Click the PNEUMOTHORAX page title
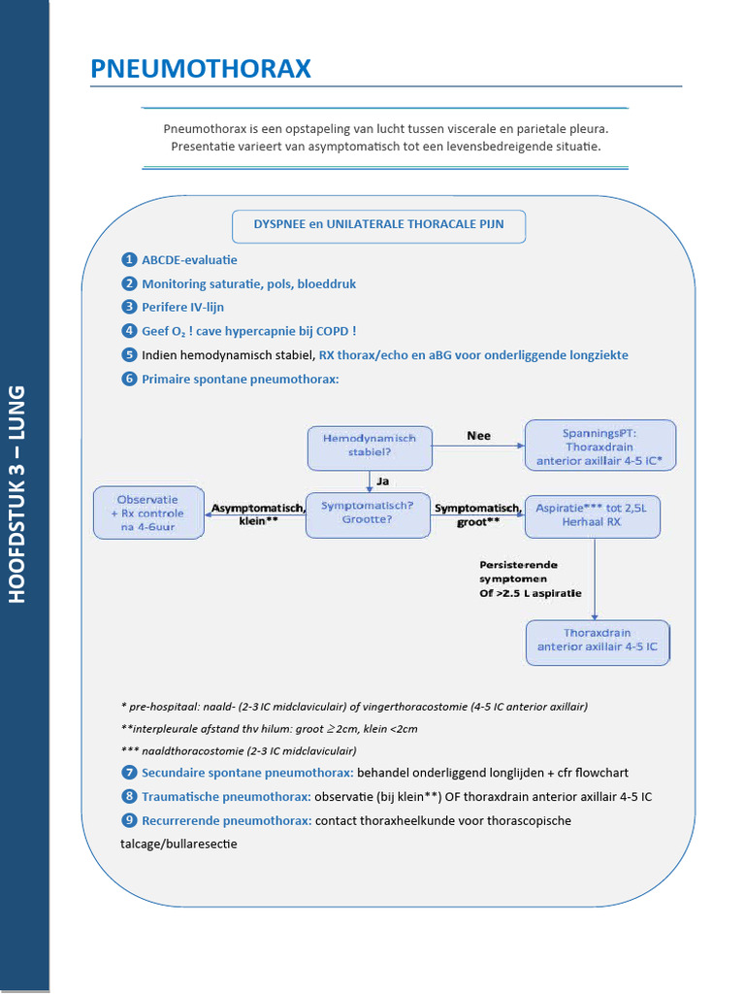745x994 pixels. pos(201,69)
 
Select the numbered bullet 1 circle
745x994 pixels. pos(129,260)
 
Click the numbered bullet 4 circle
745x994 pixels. pos(129,331)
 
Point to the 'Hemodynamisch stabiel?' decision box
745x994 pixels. pos(369,446)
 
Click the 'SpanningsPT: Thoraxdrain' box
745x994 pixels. pos(599,446)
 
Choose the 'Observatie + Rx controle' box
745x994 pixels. pos(148,513)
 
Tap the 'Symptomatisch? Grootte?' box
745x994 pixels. pos(369,514)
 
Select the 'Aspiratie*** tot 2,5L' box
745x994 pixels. pos(592,514)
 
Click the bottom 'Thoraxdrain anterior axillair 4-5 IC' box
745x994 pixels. pos(598,642)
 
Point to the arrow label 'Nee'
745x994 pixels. pos(478,436)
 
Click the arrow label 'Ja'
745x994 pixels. pos(382,480)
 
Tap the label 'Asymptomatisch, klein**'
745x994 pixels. pos(256,514)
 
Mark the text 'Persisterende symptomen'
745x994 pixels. pos(519,572)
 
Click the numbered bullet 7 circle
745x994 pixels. pos(129,773)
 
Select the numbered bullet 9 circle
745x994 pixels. pos(129,820)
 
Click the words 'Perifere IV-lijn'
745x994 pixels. pos(182,308)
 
